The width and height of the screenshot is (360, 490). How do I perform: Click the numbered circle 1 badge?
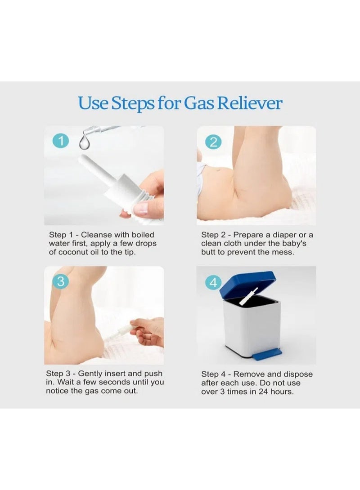point(61,141)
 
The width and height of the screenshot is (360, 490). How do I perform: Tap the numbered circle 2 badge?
point(213,142)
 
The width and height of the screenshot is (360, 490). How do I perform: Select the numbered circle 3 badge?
point(61,281)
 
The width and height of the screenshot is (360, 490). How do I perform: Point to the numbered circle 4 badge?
point(213,282)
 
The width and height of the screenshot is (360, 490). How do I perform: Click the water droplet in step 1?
point(84,142)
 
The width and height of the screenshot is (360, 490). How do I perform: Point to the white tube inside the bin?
point(248,297)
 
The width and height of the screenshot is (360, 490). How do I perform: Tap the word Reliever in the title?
point(250,103)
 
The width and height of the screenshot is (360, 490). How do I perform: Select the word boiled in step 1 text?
point(143,235)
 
